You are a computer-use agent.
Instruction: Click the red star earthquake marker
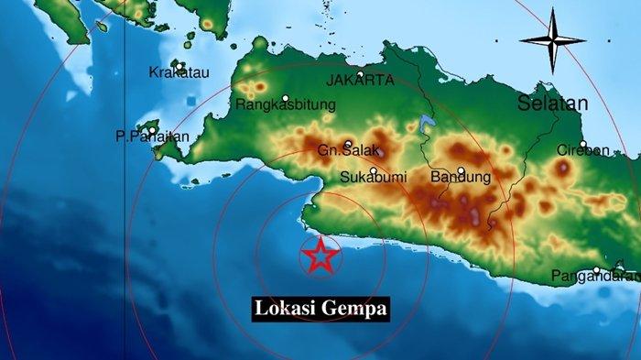pyautogui.click(x=320, y=256)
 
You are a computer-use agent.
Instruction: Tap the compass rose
pyautogui.click(x=552, y=40)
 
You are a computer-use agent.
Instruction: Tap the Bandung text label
pyautogui.click(x=461, y=176)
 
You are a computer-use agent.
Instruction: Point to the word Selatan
pyautogui.click(x=552, y=104)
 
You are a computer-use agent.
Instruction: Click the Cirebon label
pyautogui.click(x=583, y=150)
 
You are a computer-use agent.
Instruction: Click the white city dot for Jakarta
pyautogui.click(x=361, y=73)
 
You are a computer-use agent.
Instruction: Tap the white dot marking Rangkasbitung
pyautogui.click(x=286, y=97)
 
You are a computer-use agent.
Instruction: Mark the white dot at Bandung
pyautogui.click(x=461, y=169)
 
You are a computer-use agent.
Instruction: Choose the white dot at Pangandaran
pyautogui.click(x=596, y=269)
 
